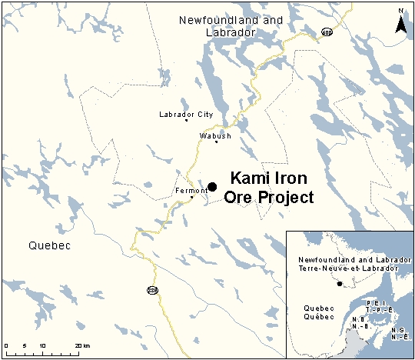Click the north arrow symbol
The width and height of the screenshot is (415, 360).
tap(400, 22)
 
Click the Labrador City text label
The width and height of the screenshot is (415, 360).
tap(185, 114)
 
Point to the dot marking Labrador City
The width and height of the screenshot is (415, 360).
tap(186, 121)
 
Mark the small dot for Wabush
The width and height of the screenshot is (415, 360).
tap(217, 142)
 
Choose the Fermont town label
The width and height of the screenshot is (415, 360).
tap(191, 190)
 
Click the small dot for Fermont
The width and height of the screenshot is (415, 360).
tap(192, 198)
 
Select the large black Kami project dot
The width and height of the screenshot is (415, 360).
tap(212, 187)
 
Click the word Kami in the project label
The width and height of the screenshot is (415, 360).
tap(251, 178)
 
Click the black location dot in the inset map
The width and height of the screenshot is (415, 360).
tap(340, 284)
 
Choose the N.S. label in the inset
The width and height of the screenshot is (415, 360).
tap(398, 330)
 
